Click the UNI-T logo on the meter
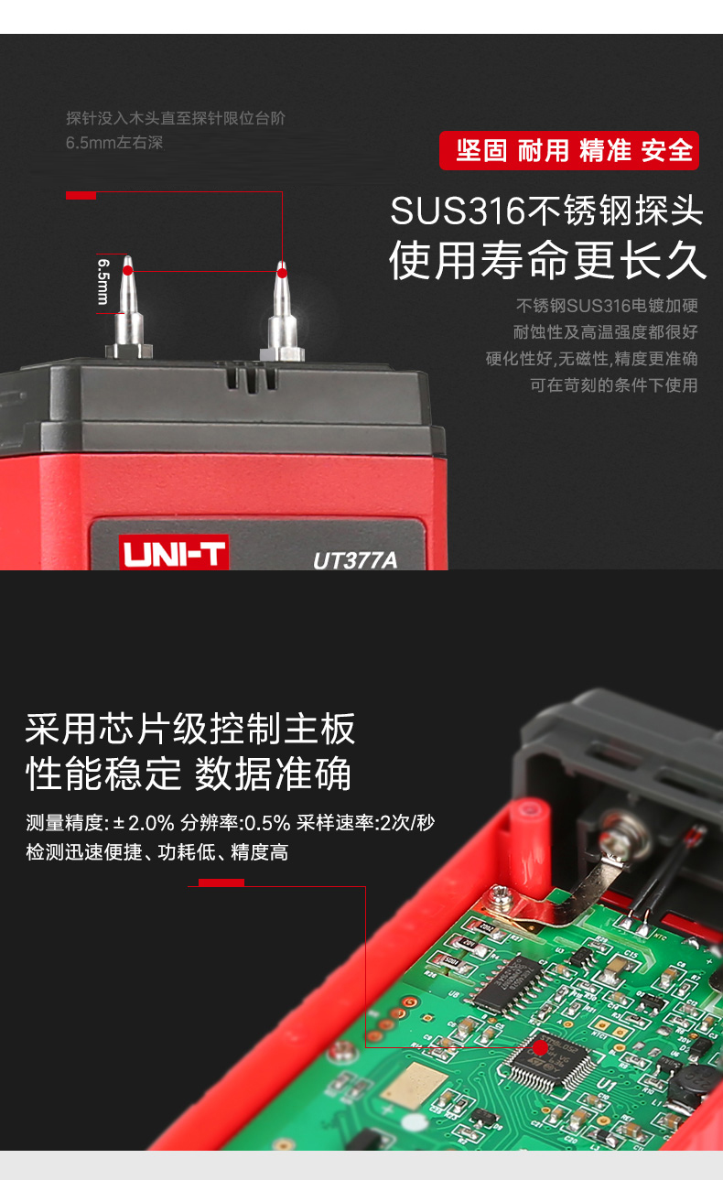(174, 552)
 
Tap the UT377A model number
(355, 560)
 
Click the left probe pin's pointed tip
(127, 256)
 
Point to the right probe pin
(282, 311)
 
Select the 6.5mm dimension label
(103, 281)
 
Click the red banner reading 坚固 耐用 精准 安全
(569, 151)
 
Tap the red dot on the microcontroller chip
(540, 1047)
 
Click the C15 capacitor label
(631, 955)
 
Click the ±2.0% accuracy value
(144, 823)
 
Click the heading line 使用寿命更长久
(547, 260)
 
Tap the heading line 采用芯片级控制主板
(190, 729)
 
